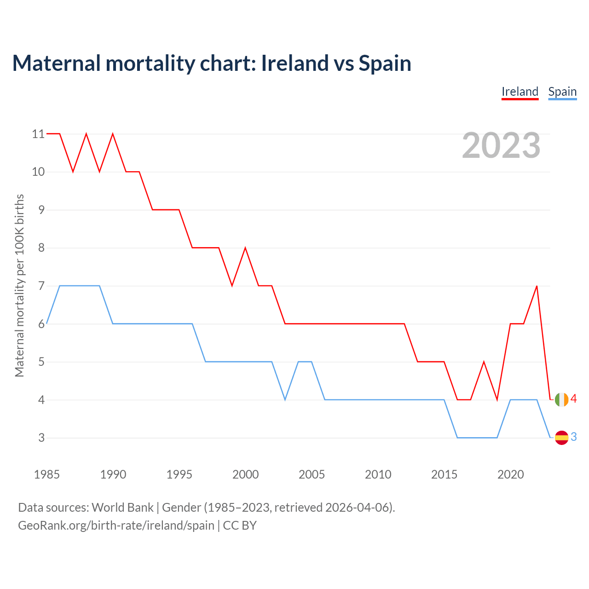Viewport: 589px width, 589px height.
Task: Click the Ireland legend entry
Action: (x=520, y=92)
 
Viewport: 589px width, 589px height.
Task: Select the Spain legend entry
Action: (x=562, y=92)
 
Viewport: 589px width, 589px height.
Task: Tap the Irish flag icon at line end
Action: (x=561, y=399)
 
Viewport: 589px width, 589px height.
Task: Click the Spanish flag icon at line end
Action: (x=561, y=438)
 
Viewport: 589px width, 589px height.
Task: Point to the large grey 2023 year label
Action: (x=501, y=145)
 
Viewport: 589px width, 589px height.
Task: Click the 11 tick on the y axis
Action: (x=38, y=134)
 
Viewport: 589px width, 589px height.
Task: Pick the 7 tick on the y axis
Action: (x=41, y=286)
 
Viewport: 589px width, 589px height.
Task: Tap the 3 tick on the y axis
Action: (x=41, y=438)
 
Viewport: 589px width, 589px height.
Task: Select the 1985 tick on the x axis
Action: (x=47, y=474)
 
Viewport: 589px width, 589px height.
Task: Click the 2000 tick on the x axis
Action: (x=245, y=474)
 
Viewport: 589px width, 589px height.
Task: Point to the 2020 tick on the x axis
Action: (x=510, y=474)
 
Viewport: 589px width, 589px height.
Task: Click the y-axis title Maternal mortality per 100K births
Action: (x=19, y=285)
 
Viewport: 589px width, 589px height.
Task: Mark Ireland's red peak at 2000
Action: (x=245, y=248)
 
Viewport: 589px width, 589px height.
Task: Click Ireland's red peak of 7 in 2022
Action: (x=537, y=286)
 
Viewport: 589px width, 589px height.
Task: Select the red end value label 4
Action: (x=573, y=399)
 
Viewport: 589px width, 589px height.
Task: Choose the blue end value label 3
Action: (x=573, y=437)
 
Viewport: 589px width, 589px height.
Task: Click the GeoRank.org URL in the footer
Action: (x=116, y=525)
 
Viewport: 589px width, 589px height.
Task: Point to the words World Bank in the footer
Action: (x=122, y=508)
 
